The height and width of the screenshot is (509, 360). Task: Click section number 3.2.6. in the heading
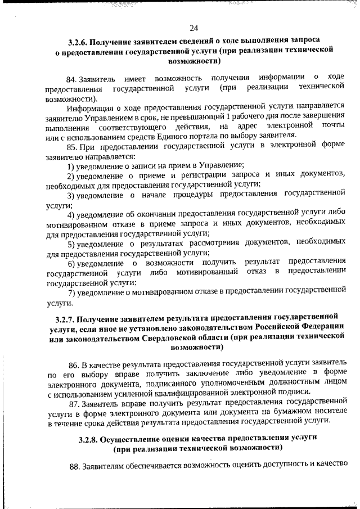[x=78, y=42]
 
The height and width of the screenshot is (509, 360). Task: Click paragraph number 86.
[x=73, y=364]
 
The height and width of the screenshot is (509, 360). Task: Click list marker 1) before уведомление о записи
[x=71, y=165]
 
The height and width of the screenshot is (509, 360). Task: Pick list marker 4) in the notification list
[x=71, y=214]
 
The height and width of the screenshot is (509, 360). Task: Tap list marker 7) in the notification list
[x=71, y=291]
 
